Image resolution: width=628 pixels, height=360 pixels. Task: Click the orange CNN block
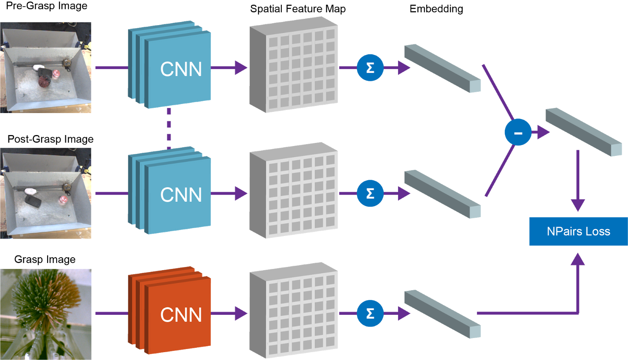[173, 312]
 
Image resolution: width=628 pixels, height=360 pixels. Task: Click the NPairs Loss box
[578, 231]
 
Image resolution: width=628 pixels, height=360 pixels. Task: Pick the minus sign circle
[518, 132]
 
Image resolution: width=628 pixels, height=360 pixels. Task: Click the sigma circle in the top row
[370, 68]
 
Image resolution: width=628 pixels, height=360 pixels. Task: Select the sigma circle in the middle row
[370, 193]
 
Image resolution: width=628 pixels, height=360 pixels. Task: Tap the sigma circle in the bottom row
[370, 313]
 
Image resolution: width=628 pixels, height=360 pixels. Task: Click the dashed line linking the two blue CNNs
[169, 128]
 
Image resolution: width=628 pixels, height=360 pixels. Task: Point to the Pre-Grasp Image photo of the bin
[46, 68]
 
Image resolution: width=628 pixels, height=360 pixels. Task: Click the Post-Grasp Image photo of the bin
[46, 193]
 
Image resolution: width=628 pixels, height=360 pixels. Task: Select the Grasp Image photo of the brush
[46, 314]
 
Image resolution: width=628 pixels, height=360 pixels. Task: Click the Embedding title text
[436, 9]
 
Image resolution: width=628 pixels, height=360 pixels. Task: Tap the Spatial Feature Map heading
[298, 9]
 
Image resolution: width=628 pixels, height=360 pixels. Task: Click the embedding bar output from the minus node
[584, 132]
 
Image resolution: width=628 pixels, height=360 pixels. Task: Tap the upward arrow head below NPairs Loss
[578, 259]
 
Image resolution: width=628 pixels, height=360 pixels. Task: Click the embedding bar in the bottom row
[442, 314]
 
